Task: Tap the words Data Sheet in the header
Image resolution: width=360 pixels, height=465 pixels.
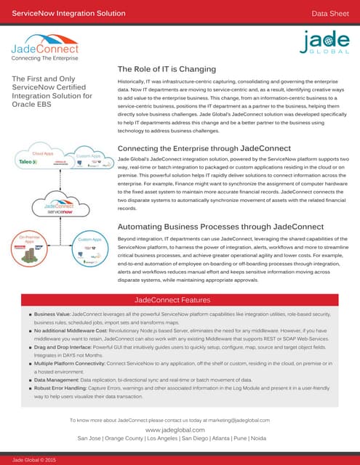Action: pos(332,13)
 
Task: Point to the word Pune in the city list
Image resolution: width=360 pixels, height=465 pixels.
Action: pos(250,439)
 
